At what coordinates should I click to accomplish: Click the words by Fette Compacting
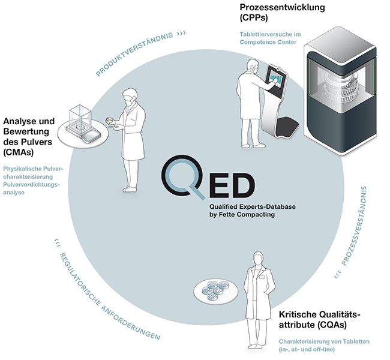[238, 214]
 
